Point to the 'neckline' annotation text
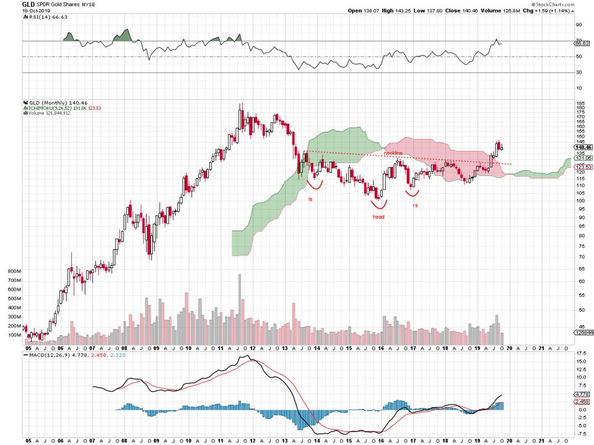click(x=393, y=152)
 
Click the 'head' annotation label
click(x=378, y=217)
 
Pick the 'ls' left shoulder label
click(x=311, y=198)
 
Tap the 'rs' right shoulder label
click(x=415, y=205)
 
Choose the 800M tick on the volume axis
click(x=14, y=271)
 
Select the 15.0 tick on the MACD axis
click(x=580, y=360)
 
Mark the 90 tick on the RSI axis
click(x=579, y=25)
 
